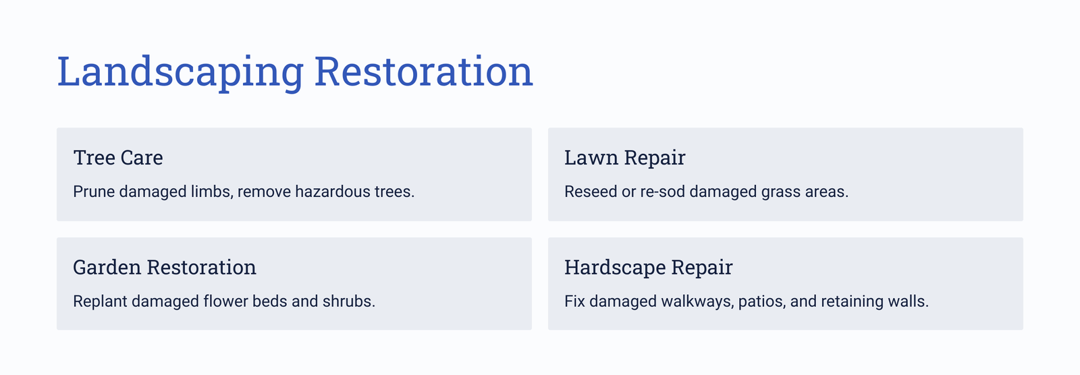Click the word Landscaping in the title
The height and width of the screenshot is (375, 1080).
[x=180, y=72]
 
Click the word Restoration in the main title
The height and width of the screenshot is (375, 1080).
[x=424, y=71]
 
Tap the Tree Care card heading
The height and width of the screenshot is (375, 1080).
[x=118, y=158]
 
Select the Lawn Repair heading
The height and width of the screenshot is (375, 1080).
[x=625, y=158]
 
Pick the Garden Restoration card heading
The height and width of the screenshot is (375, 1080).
[x=165, y=268]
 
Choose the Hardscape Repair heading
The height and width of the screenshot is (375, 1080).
[x=649, y=268]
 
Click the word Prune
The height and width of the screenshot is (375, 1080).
[x=94, y=192]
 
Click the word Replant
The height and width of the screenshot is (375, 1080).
[x=100, y=301]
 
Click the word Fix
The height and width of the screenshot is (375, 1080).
[x=574, y=301]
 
